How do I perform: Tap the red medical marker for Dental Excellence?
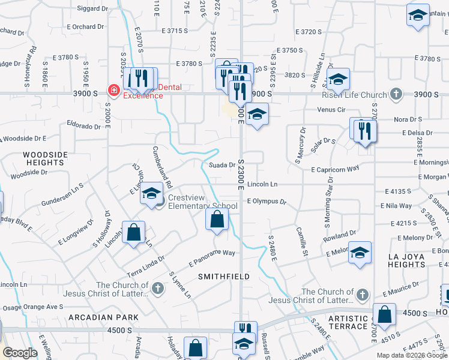point(113,91)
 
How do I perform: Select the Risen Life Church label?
point(362,95)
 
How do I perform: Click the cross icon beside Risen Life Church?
point(396,94)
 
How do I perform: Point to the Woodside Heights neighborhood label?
point(46,158)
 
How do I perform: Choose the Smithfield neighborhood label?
point(223,276)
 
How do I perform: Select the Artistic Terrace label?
point(349,322)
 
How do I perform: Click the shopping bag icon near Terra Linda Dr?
point(134,232)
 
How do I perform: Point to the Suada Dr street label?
point(221,165)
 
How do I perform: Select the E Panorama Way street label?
point(212,257)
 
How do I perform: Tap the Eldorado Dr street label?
point(83,127)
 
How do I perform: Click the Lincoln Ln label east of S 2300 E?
point(262,184)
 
